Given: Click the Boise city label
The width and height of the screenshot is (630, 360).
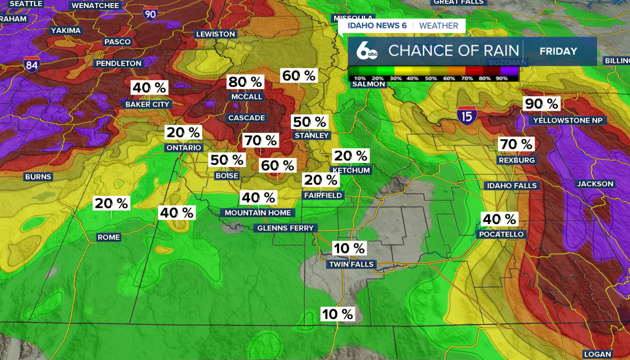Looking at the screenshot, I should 227,176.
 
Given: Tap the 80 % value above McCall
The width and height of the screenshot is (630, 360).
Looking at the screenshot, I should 245,82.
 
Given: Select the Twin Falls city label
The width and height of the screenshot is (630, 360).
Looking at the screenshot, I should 351,264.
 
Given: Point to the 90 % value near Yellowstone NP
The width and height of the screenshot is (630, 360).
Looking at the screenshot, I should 541,104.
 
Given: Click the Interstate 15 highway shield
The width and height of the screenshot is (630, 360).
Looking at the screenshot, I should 466,115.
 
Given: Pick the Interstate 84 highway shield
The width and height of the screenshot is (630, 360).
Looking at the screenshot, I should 32,64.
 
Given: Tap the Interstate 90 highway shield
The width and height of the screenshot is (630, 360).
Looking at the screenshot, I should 151,13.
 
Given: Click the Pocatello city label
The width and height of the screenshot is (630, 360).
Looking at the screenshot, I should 502,234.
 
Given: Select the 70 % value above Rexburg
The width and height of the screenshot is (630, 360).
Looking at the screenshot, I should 516,144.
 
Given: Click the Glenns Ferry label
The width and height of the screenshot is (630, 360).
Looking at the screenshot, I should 285,228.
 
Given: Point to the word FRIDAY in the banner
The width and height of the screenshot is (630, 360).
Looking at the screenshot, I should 558,51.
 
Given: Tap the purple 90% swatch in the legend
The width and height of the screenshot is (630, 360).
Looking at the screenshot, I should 510,71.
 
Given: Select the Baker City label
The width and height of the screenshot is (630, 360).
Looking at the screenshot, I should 147,104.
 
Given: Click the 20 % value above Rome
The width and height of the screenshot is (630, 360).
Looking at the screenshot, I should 112,203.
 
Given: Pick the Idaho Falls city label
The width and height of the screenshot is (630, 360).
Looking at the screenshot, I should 512,186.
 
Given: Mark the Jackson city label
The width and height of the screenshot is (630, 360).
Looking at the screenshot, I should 595,184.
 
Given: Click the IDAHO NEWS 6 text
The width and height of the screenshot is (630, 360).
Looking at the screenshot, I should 377,26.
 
